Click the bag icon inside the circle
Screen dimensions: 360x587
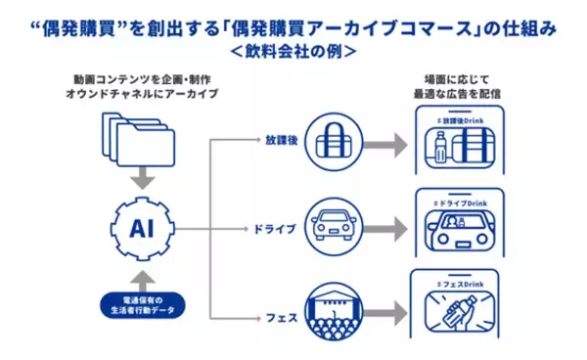pyautogui.click(x=336, y=139)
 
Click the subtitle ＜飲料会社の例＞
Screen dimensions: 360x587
pyautogui.click(x=293, y=49)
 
